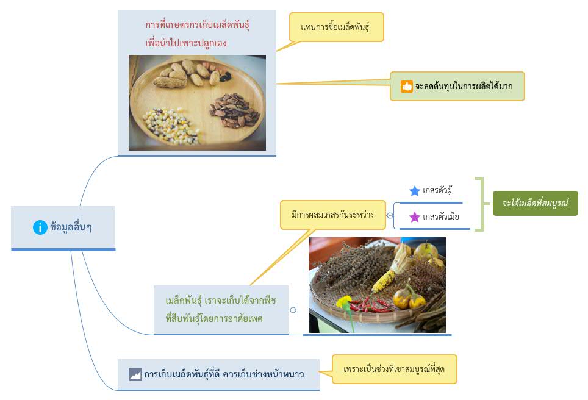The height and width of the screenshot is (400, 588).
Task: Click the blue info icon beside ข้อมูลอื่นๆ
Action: (x=40, y=227)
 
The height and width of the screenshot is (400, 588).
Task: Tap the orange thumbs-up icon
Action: (x=406, y=86)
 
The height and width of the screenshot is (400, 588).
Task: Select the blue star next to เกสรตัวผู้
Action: (x=414, y=191)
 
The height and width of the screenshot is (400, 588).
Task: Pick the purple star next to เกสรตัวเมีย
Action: (x=414, y=217)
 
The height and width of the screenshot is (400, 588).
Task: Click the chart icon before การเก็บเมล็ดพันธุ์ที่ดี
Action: (x=135, y=374)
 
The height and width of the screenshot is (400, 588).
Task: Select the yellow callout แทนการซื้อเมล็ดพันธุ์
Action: (x=336, y=27)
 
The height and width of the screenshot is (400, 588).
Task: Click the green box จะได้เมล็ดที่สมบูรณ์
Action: (x=535, y=203)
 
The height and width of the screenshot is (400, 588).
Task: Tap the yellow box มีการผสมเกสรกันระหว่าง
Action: (x=332, y=215)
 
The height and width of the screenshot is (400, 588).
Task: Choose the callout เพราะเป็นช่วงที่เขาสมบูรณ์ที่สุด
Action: (x=394, y=370)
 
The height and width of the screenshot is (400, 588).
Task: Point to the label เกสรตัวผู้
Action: (x=437, y=191)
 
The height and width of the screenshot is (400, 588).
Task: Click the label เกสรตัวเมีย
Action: (x=440, y=216)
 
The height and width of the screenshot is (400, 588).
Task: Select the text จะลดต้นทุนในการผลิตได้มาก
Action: (x=464, y=86)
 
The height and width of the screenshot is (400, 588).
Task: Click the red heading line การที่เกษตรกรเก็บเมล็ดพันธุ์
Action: (x=197, y=25)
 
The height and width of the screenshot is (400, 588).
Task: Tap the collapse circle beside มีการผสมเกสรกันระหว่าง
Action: (x=390, y=216)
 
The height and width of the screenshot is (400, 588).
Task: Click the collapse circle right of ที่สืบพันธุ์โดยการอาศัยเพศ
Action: (x=293, y=310)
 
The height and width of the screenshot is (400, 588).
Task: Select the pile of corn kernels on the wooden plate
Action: (x=171, y=125)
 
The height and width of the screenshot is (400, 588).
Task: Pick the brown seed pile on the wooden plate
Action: (x=234, y=110)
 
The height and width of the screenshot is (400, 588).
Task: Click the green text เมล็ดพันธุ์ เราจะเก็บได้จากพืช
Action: (x=221, y=301)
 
